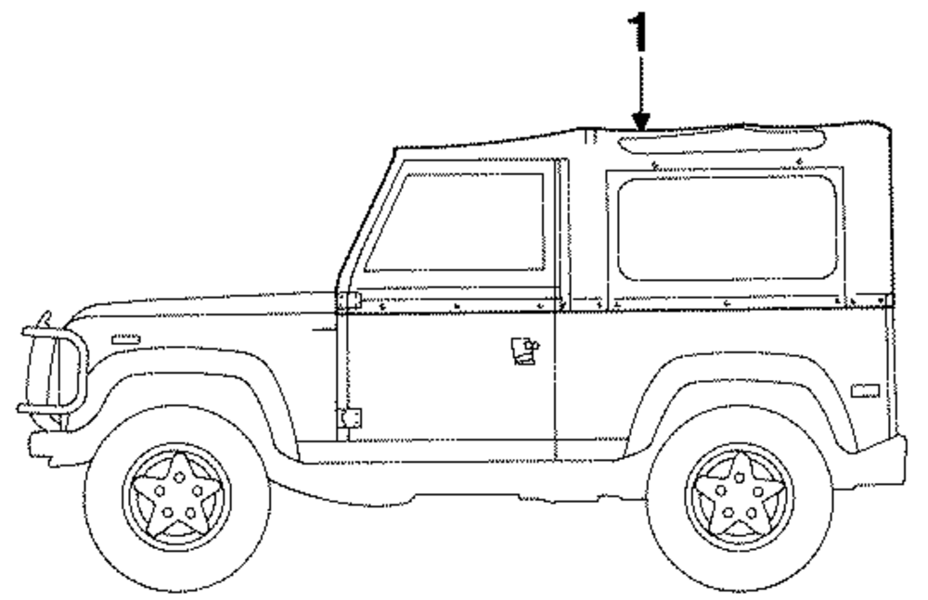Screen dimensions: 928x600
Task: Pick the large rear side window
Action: pos(727,227)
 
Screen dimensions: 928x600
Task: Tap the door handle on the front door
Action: pos(523,351)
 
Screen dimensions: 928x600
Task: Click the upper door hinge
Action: pos(349,300)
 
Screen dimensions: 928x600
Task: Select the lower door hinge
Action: pos(350,418)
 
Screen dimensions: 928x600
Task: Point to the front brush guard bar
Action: pos(51,371)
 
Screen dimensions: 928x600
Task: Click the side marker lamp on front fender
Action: pos(125,340)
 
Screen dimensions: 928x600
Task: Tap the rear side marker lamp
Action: pos(864,390)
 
